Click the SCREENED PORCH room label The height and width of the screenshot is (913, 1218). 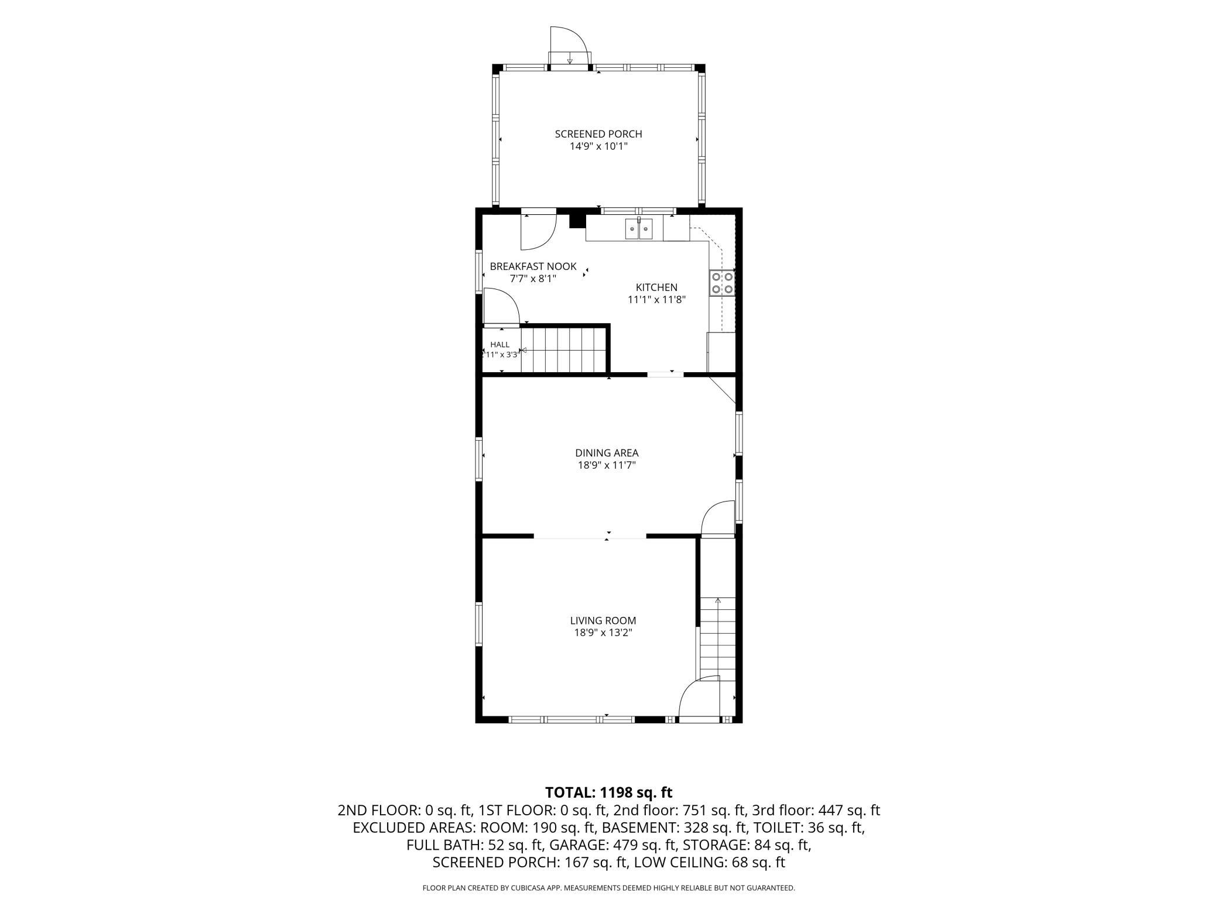point(598,134)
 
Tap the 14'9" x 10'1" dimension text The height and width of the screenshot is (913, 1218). point(598,146)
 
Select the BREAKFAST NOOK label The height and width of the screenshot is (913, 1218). point(533,266)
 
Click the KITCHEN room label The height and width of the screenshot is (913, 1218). point(656,287)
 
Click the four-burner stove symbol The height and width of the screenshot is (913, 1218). point(722,283)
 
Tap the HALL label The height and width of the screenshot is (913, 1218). point(500,345)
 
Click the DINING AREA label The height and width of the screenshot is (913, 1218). point(607,453)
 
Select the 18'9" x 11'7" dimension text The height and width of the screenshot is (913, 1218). point(607,466)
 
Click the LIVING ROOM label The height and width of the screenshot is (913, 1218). point(603,620)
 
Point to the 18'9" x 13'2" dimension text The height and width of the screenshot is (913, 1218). point(603,633)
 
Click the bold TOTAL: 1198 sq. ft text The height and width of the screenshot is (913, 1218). point(609,792)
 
